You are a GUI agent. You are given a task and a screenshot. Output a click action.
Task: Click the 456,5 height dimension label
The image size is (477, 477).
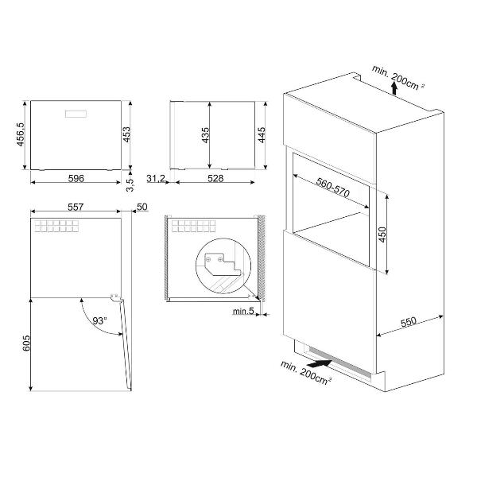tap(21, 134)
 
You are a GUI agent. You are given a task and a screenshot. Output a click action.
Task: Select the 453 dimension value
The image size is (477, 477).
tap(126, 134)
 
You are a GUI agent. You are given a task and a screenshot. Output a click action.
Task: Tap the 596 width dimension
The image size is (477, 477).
tap(76, 178)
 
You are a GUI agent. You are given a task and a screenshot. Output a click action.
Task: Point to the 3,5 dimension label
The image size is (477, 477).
tap(130, 185)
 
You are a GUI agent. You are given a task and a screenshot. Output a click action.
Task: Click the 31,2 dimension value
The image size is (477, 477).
tap(156, 178)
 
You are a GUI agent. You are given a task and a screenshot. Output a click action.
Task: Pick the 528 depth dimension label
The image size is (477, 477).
tap(215, 178)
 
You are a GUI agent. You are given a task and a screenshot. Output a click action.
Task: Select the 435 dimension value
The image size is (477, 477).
tap(206, 135)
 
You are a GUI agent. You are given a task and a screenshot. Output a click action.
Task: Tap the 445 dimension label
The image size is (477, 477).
tap(262, 135)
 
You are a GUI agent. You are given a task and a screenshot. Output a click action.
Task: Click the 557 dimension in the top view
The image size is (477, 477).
tap(76, 207)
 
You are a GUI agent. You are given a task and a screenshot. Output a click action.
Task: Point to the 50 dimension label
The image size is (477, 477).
tap(142, 207)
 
